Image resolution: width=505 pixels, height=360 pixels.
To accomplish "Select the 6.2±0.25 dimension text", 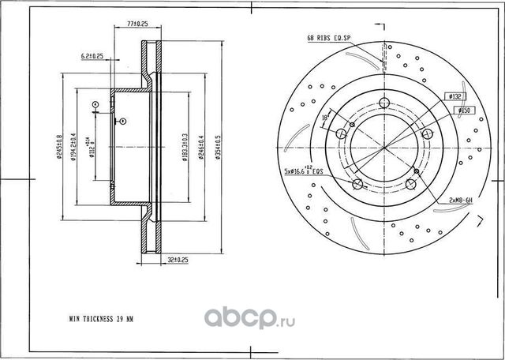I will click(x=92, y=57).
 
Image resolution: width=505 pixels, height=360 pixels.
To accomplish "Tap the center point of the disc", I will click(x=384, y=148).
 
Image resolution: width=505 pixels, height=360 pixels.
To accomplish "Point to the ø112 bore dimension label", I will click(x=93, y=149).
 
